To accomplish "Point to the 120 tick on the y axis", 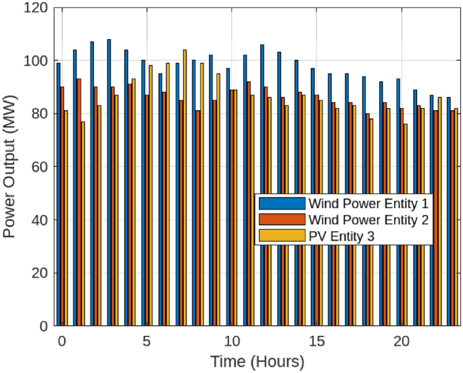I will point(36,8).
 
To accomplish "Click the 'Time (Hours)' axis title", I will point(257,362).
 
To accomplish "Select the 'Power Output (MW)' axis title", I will point(9,167).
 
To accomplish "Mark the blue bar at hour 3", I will point(109,182).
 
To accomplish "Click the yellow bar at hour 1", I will point(83,223).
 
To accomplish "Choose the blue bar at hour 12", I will point(262,186).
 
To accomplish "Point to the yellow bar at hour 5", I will point(151,196).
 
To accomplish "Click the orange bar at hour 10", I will point(232,208).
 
